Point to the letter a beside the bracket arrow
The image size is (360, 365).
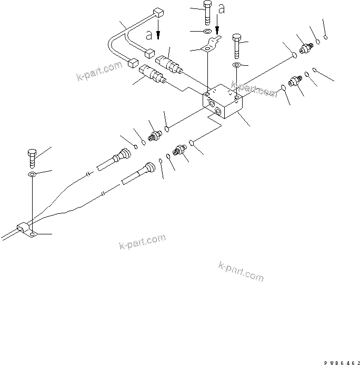click(222, 9)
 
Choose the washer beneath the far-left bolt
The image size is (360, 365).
click(32, 173)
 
